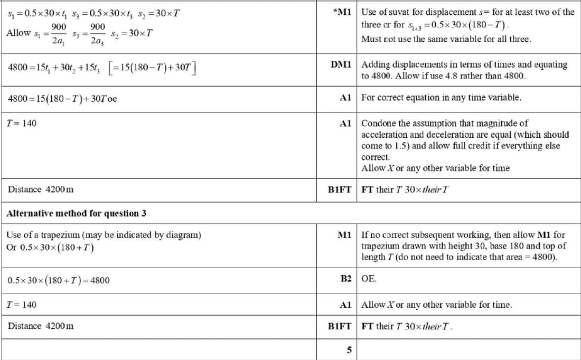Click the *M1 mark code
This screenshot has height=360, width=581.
coord(343,12)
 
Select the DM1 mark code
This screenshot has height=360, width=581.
coord(341,64)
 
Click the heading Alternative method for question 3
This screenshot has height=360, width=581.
coord(76,213)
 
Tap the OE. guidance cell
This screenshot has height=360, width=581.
coord(369,278)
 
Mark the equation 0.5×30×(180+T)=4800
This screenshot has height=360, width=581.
coord(59,280)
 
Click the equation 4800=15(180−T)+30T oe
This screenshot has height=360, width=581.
coord(62,98)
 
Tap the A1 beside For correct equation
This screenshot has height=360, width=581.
coord(346,98)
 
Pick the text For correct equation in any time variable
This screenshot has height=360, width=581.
coord(442,98)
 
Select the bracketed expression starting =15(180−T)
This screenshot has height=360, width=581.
coord(153,68)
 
